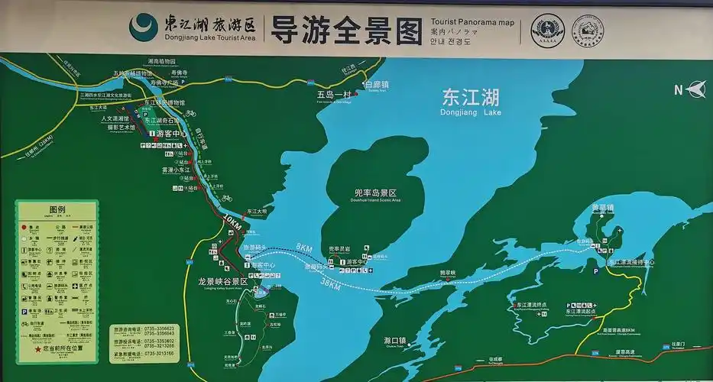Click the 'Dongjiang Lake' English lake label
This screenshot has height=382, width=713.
click(x=471, y=112)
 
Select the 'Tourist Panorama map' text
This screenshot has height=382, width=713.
click(x=472, y=22)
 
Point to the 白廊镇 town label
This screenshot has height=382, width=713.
click(x=377, y=84)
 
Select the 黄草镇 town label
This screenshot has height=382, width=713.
click(x=603, y=207)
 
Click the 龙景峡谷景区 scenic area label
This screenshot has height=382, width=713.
click(x=220, y=281)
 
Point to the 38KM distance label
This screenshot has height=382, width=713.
click(x=331, y=283)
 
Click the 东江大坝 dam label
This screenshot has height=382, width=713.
click(x=256, y=211)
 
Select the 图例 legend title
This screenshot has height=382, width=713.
click(x=57, y=209)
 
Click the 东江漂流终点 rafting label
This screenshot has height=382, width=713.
click(x=531, y=305)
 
